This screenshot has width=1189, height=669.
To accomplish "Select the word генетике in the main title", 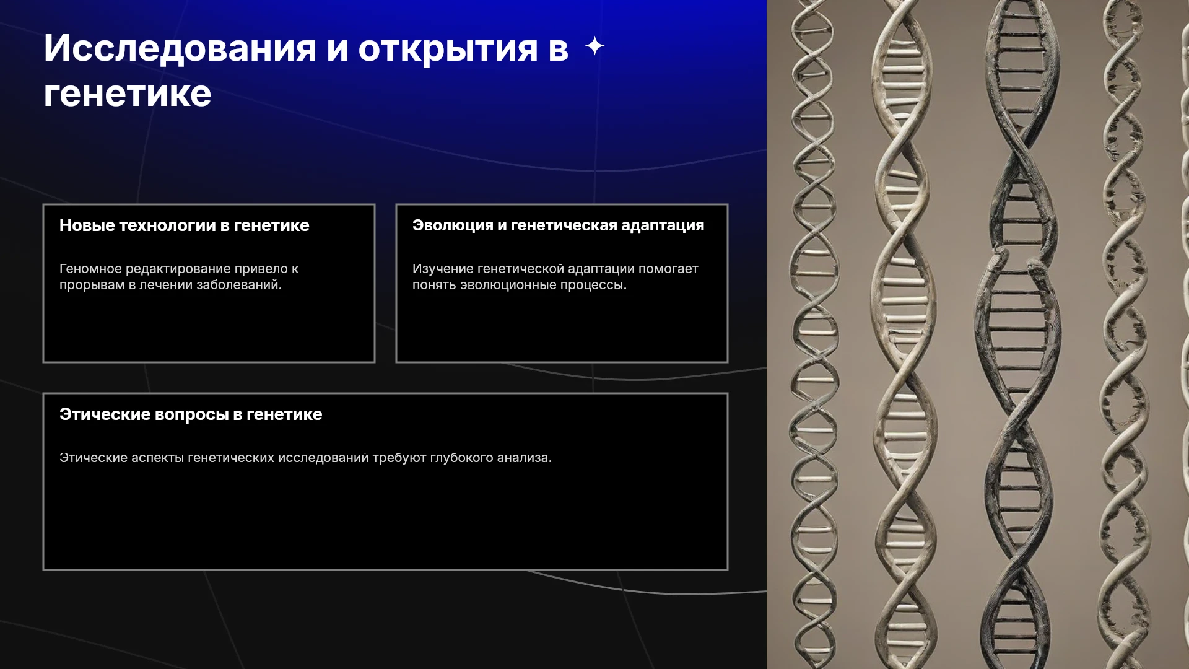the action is coord(128,94).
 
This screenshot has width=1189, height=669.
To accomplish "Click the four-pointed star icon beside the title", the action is coord(595,46).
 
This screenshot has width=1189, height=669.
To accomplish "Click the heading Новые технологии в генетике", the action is coord(185,225).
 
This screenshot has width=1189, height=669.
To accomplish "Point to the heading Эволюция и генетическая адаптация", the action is coord(559,225).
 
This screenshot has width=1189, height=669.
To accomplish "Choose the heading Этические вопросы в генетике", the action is coord(191,414).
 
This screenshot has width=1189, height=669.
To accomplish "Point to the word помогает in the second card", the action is coord(669,269).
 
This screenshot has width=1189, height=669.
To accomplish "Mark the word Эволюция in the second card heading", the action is coord(453,225).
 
